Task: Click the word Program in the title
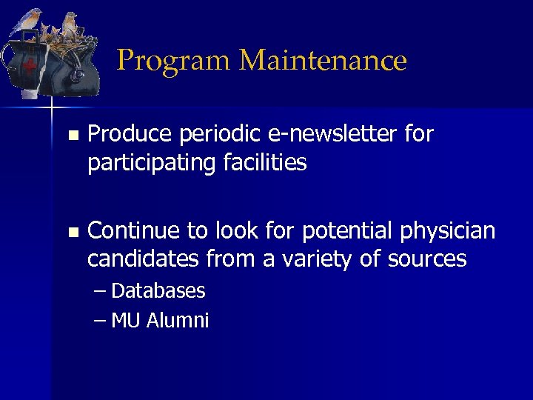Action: click(173, 61)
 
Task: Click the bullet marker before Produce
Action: click(71, 136)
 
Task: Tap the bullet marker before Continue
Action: click(71, 233)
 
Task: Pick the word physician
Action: click(448, 232)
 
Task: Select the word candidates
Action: click(144, 259)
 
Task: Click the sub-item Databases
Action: click(158, 291)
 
